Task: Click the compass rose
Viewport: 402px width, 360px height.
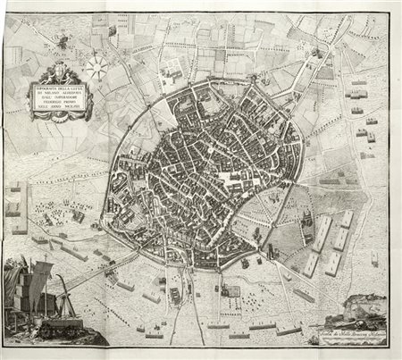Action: (97, 64)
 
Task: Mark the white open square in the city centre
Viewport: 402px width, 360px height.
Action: (234, 181)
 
